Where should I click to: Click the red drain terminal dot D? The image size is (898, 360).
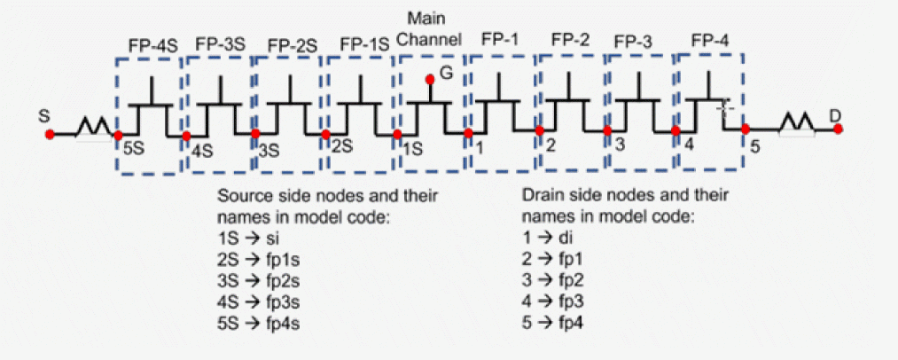tap(838, 129)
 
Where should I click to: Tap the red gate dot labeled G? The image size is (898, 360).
tap(430, 80)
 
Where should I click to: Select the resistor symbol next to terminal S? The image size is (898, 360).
tap(92, 131)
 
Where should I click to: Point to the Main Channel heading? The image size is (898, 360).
tap(430, 30)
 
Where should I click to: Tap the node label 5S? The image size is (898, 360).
tap(133, 147)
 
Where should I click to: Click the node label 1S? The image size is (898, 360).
tap(412, 148)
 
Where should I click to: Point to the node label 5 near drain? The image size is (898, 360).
tap(754, 146)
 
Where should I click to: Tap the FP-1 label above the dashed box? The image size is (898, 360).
tap(502, 40)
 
